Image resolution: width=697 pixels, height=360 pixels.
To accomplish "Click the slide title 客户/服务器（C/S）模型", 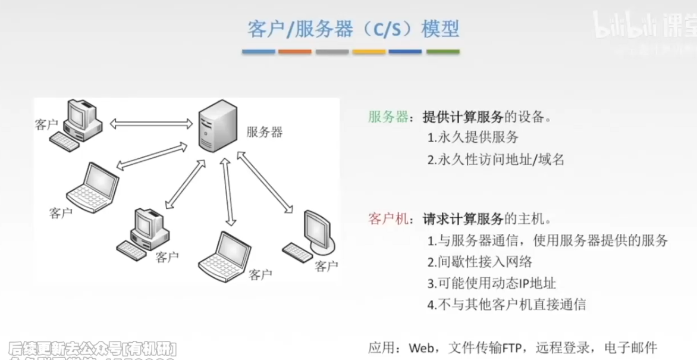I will click(x=353, y=29).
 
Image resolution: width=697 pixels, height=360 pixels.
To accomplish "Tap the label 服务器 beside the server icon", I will click(x=264, y=132).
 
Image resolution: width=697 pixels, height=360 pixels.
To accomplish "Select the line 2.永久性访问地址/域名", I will click(x=495, y=159).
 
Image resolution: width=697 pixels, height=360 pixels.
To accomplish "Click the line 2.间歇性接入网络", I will click(x=479, y=262).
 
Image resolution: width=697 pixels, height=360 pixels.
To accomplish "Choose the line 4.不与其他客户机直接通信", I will click(x=507, y=305).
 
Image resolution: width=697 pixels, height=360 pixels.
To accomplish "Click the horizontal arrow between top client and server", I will click(x=152, y=124).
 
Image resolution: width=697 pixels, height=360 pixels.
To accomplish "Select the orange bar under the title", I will click(x=295, y=52).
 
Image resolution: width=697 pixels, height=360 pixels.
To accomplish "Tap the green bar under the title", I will click(x=442, y=52).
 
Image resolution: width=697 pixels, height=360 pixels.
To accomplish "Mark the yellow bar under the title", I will click(x=369, y=52).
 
